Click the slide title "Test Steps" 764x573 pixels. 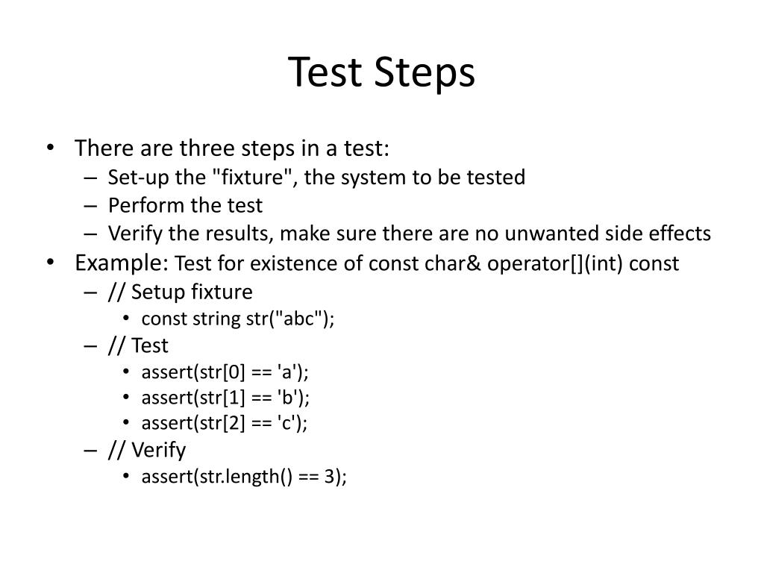click(x=381, y=73)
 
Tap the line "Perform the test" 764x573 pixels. click(x=185, y=205)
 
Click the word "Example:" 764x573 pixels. click(x=122, y=263)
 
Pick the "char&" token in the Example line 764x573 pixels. click(x=458, y=263)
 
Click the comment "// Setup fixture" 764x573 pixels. click(x=180, y=291)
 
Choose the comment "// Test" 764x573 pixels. click(x=138, y=345)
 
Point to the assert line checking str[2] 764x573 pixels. click(x=225, y=423)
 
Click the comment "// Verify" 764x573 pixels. click(x=147, y=450)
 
